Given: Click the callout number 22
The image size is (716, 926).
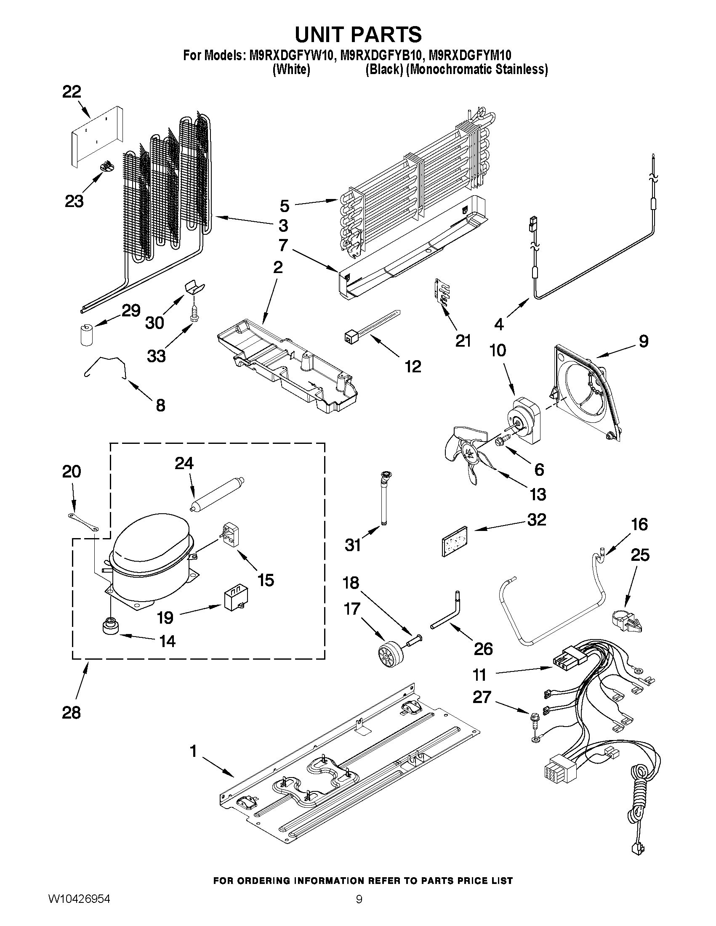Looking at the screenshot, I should click(x=72, y=92).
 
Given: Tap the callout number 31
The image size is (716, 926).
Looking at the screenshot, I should click(x=353, y=544).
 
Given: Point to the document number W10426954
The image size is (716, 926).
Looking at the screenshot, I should click(x=79, y=909).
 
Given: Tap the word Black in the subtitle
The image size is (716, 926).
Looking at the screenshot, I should click(x=384, y=69).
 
